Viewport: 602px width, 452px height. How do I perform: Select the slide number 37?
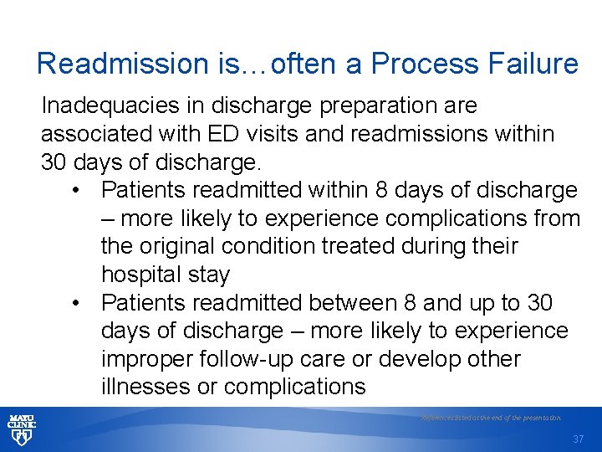[579, 439]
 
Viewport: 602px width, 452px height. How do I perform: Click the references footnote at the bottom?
[491, 417]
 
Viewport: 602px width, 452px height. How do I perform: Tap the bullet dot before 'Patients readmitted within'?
[76, 191]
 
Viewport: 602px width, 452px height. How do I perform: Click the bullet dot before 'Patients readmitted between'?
[76, 303]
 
